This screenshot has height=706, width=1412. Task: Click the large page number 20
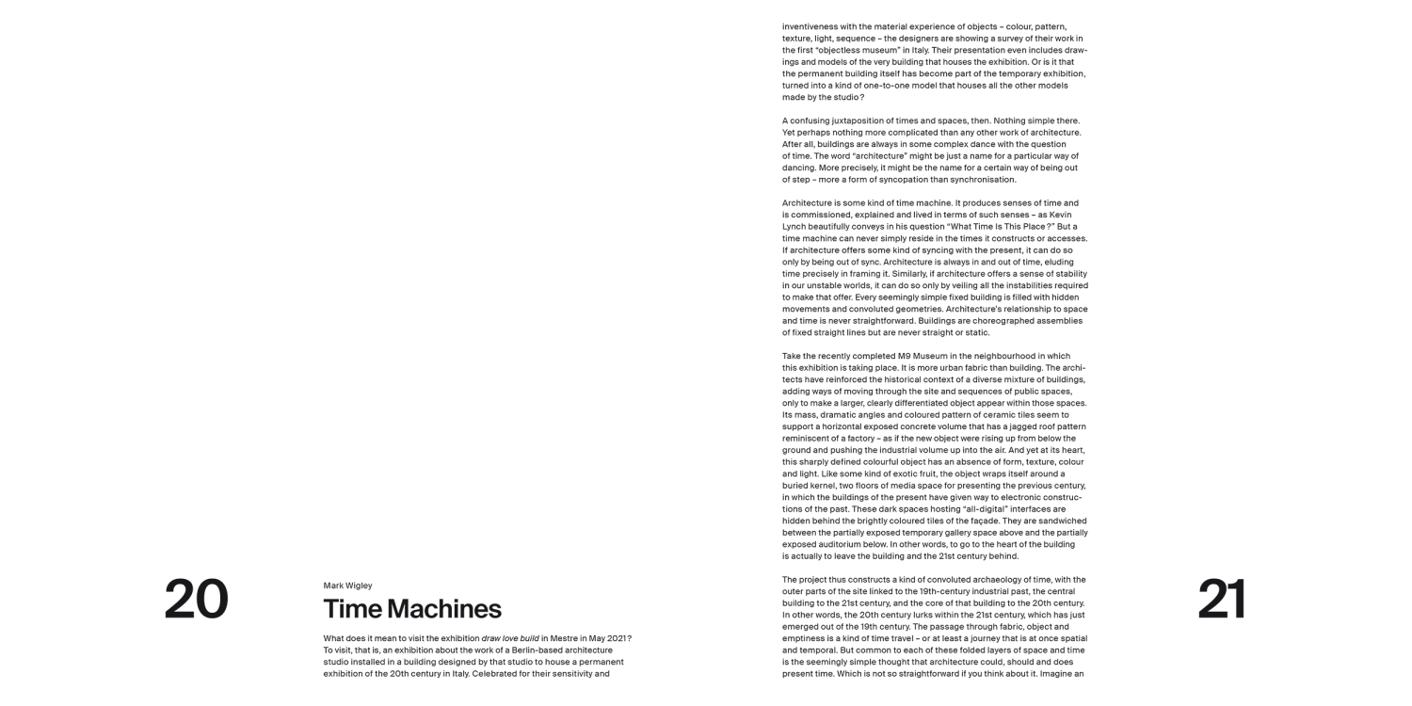tap(196, 600)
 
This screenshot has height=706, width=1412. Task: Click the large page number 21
tap(1222, 600)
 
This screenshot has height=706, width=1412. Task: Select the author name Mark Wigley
tap(347, 586)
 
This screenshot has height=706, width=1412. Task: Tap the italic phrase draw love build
tap(509, 638)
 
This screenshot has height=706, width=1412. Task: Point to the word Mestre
tap(560, 638)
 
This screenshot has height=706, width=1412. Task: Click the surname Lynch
tap(794, 227)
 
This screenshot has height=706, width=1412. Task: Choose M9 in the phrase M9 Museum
tap(907, 356)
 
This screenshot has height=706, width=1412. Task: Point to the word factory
tap(852, 438)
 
